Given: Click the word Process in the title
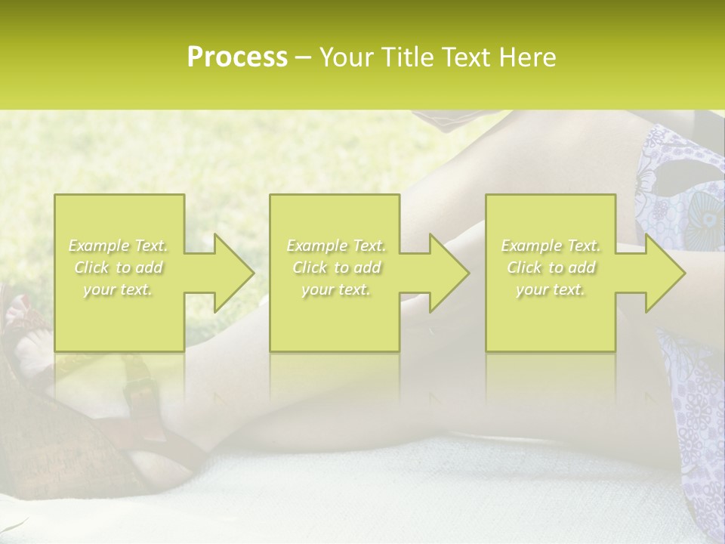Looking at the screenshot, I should tap(237, 57).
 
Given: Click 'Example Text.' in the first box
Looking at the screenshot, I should tap(119, 246).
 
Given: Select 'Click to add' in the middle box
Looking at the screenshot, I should tap(336, 267).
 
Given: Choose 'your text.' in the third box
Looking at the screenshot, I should tap(551, 289).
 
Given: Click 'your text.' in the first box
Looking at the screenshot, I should tap(119, 289).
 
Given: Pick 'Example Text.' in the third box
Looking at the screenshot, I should tap(551, 246).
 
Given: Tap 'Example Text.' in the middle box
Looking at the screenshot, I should tap(336, 246).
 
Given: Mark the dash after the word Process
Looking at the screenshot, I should tap(303, 58).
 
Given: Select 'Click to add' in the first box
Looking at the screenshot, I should tap(119, 267).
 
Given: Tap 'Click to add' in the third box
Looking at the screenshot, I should tap(551, 267).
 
